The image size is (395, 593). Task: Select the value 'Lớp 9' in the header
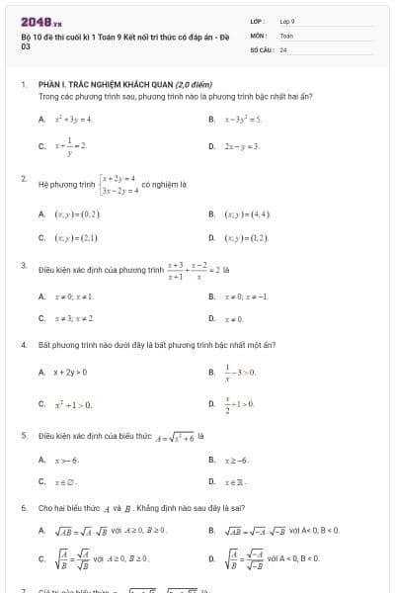287,21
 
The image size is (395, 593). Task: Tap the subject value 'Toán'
286,35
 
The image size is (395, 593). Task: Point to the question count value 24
283,48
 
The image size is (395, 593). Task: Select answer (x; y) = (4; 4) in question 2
246,212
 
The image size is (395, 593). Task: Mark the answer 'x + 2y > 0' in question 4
70,372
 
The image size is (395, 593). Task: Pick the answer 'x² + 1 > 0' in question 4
72,404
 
